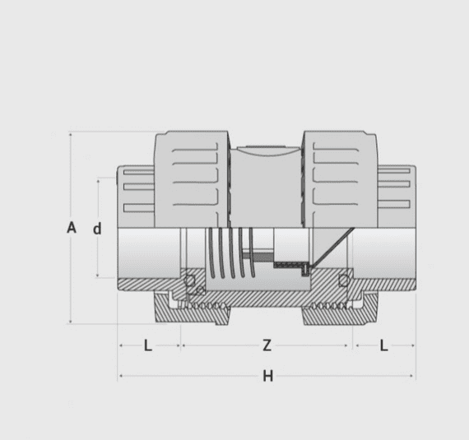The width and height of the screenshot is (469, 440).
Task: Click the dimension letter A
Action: [72, 228]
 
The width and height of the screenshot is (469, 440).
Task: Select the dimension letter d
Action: [97, 229]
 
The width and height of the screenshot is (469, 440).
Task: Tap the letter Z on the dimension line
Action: [267, 345]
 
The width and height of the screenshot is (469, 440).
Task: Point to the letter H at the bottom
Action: [267, 377]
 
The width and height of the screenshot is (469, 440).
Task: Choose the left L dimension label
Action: [148, 345]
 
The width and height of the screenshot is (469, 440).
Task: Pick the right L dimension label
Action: [383, 345]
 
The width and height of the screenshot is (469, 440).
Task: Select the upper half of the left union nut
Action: [192, 177]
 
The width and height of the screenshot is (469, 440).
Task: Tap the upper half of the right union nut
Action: [341, 177]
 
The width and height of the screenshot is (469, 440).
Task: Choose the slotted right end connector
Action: [394, 196]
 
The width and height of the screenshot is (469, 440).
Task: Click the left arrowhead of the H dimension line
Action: [122, 377]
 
